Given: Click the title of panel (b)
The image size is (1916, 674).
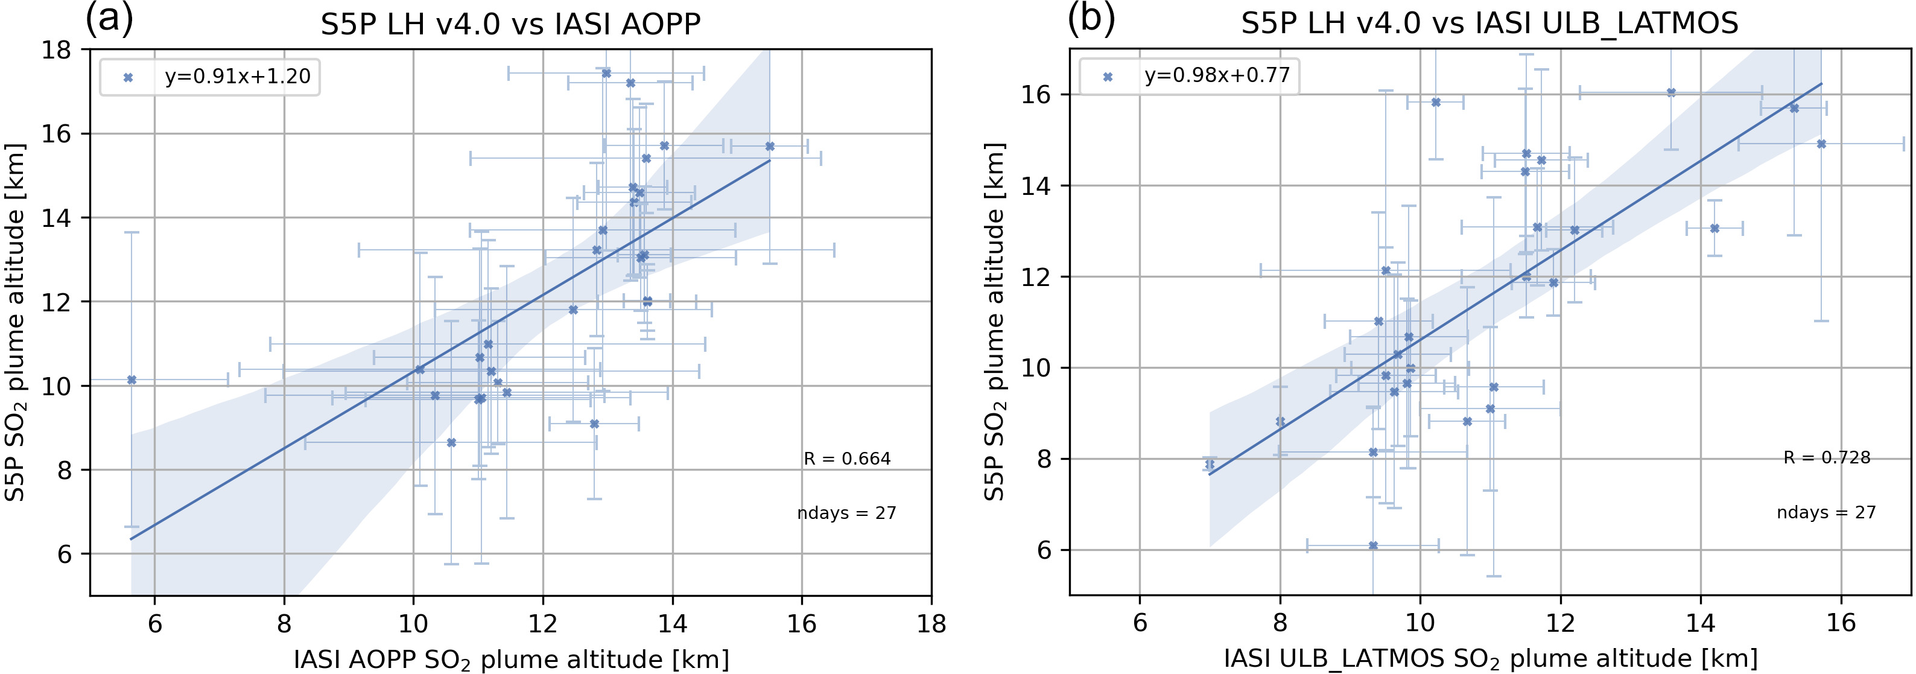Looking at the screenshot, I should pyautogui.click(x=1490, y=23).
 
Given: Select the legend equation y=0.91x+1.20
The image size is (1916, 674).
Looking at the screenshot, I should pyautogui.click(x=237, y=77).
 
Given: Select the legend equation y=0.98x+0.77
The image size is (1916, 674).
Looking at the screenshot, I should pyautogui.click(x=1217, y=75).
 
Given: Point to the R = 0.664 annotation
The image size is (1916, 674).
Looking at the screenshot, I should pyautogui.click(x=846, y=459).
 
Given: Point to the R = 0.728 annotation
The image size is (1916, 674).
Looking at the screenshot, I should pyautogui.click(x=1826, y=457).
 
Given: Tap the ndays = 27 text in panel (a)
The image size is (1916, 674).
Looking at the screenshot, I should pyautogui.click(x=846, y=513).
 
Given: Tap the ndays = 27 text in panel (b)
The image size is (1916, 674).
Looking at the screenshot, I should pyautogui.click(x=1826, y=512).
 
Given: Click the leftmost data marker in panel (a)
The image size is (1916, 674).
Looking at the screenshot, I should pyautogui.click(x=132, y=380).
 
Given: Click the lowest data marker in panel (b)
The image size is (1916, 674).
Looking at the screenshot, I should pyautogui.click(x=1373, y=546).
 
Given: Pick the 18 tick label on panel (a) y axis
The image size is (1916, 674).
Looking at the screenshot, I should pyautogui.click(x=57, y=51).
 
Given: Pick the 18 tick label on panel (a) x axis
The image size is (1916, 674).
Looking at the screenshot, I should pyautogui.click(x=931, y=623).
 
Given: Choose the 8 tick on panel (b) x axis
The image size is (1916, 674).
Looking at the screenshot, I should pyautogui.click(x=1280, y=623).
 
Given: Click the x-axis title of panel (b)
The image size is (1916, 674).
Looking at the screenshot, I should pyautogui.click(x=1490, y=659).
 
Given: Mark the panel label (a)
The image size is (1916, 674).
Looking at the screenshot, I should pyautogui.click(x=109, y=19).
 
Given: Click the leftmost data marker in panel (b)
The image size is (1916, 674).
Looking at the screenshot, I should pyautogui.click(x=1210, y=464).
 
